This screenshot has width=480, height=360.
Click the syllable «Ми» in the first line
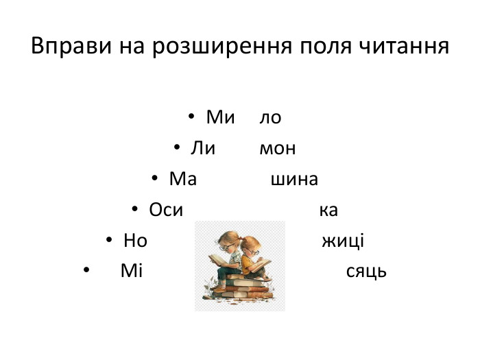pyautogui.click(x=220, y=118)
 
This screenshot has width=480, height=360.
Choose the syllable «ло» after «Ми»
pyautogui.click(x=270, y=118)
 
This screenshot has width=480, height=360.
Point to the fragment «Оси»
pyautogui.click(x=166, y=210)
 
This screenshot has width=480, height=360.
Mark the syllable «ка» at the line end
pyautogui.click(x=328, y=210)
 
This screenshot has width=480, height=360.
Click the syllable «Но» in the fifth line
pyautogui.click(x=136, y=241)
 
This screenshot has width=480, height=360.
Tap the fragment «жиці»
pyautogui.click(x=342, y=241)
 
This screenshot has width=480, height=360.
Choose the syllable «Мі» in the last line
pyautogui.click(x=131, y=271)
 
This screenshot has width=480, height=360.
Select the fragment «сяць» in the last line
pyautogui.click(x=366, y=271)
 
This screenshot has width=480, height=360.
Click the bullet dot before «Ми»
pyautogui.click(x=193, y=118)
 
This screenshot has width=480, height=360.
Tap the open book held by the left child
pyautogui.click(x=217, y=259)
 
